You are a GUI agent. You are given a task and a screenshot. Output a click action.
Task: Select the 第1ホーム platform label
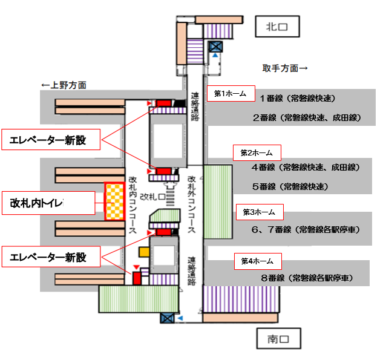click(231, 93)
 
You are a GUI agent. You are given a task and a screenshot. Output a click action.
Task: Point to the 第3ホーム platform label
click(259, 212)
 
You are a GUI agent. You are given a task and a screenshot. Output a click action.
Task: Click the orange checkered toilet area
click(114, 200)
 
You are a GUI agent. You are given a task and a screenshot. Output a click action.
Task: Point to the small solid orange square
click(144, 250)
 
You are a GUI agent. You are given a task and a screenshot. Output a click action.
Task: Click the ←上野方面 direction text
click(64, 85)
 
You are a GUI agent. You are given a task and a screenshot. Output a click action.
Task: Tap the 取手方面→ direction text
click(284, 68)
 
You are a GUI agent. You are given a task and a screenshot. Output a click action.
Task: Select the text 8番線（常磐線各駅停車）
click(306, 278)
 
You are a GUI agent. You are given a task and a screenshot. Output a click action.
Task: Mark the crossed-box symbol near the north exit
click(215, 46)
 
